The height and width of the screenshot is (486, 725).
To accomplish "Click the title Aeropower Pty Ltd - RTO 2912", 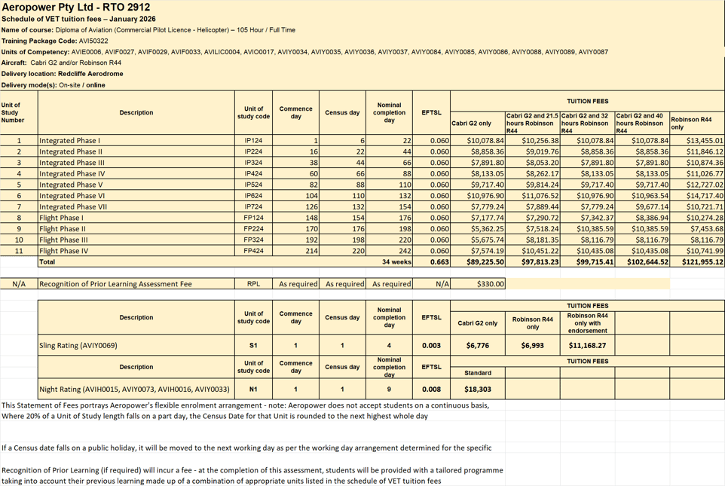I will (x=76, y=7).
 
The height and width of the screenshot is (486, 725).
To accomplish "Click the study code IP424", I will (x=253, y=173).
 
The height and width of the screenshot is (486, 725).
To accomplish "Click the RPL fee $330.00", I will (x=491, y=284).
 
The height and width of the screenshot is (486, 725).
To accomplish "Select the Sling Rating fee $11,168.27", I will (x=587, y=346).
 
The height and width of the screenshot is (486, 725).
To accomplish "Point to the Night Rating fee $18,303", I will (x=478, y=390).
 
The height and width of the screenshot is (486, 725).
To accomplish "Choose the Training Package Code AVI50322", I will (x=93, y=41).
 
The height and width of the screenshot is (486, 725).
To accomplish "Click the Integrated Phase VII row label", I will (x=73, y=206).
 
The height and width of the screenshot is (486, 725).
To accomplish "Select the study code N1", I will (x=253, y=390).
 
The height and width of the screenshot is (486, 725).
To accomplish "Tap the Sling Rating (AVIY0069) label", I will (x=78, y=346).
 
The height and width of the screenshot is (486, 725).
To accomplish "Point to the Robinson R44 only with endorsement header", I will (x=587, y=322).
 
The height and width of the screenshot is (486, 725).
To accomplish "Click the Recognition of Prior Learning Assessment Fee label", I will (x=115, y=284).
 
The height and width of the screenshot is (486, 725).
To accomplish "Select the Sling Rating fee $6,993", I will (x=532, y=346).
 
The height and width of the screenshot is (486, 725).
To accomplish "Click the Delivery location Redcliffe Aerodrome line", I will (x=63, y=74).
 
